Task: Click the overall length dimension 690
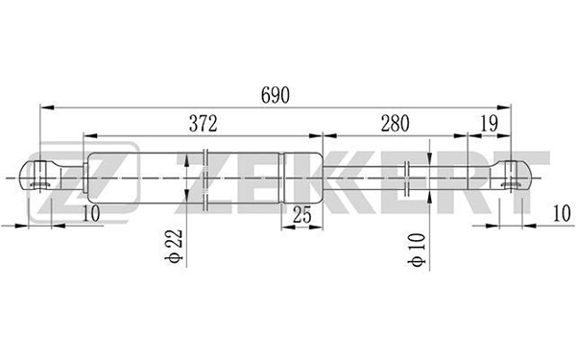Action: pos(276,95)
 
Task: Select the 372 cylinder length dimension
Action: pos(204,124)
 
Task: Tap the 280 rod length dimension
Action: pos(395,124)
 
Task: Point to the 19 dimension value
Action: pos(489,124)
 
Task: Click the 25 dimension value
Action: pos(302,215)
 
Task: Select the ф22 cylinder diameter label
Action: pos(174,246)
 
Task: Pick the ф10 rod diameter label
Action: pos(417,250)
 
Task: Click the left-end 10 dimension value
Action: pos(91,213)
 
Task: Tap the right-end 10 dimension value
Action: pos(562,213)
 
